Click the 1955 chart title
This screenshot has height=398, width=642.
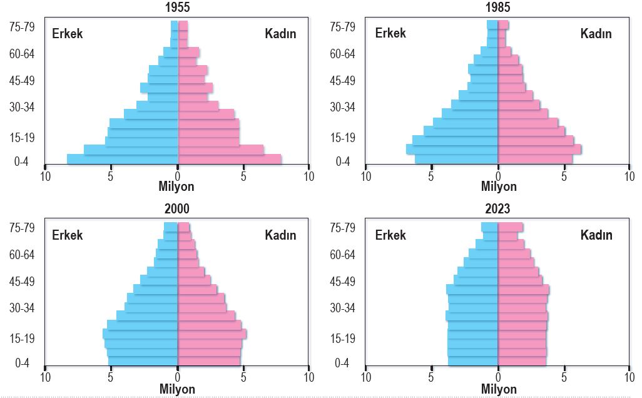[x=177, y=7]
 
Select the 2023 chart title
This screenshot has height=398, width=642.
[x=497, y=208]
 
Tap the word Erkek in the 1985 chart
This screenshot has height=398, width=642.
[x=390, y=33]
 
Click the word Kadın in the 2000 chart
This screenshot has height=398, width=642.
[x=280, y=235]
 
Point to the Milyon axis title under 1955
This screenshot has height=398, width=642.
[x=176, y=186]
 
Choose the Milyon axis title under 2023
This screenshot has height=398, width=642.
[x=499, y=388]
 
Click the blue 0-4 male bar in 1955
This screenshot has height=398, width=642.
[x=123, y=160]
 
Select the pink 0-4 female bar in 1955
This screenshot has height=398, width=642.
[x=230, y=160]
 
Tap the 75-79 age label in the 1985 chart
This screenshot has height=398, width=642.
[x=343, y=27]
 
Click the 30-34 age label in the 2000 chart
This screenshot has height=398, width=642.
[x=22, y=307]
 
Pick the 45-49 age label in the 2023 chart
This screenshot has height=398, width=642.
[x=343, y=282]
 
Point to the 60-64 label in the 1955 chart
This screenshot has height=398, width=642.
[x=22, y=54]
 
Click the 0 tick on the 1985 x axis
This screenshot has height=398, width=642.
[x=498, y=176]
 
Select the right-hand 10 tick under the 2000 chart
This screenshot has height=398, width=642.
[x=309, y=377]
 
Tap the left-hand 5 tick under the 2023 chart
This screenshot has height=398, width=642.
[x=431, y=377]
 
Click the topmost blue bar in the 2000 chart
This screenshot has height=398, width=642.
[x=171, y=227]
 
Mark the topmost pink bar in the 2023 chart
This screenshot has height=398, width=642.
[x=511, y=227]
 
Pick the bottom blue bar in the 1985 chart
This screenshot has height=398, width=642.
[x=457, y=160]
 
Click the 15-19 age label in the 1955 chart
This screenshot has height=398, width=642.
[x=22, y=138]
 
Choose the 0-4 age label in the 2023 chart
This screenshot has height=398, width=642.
[x=342, y=363]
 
